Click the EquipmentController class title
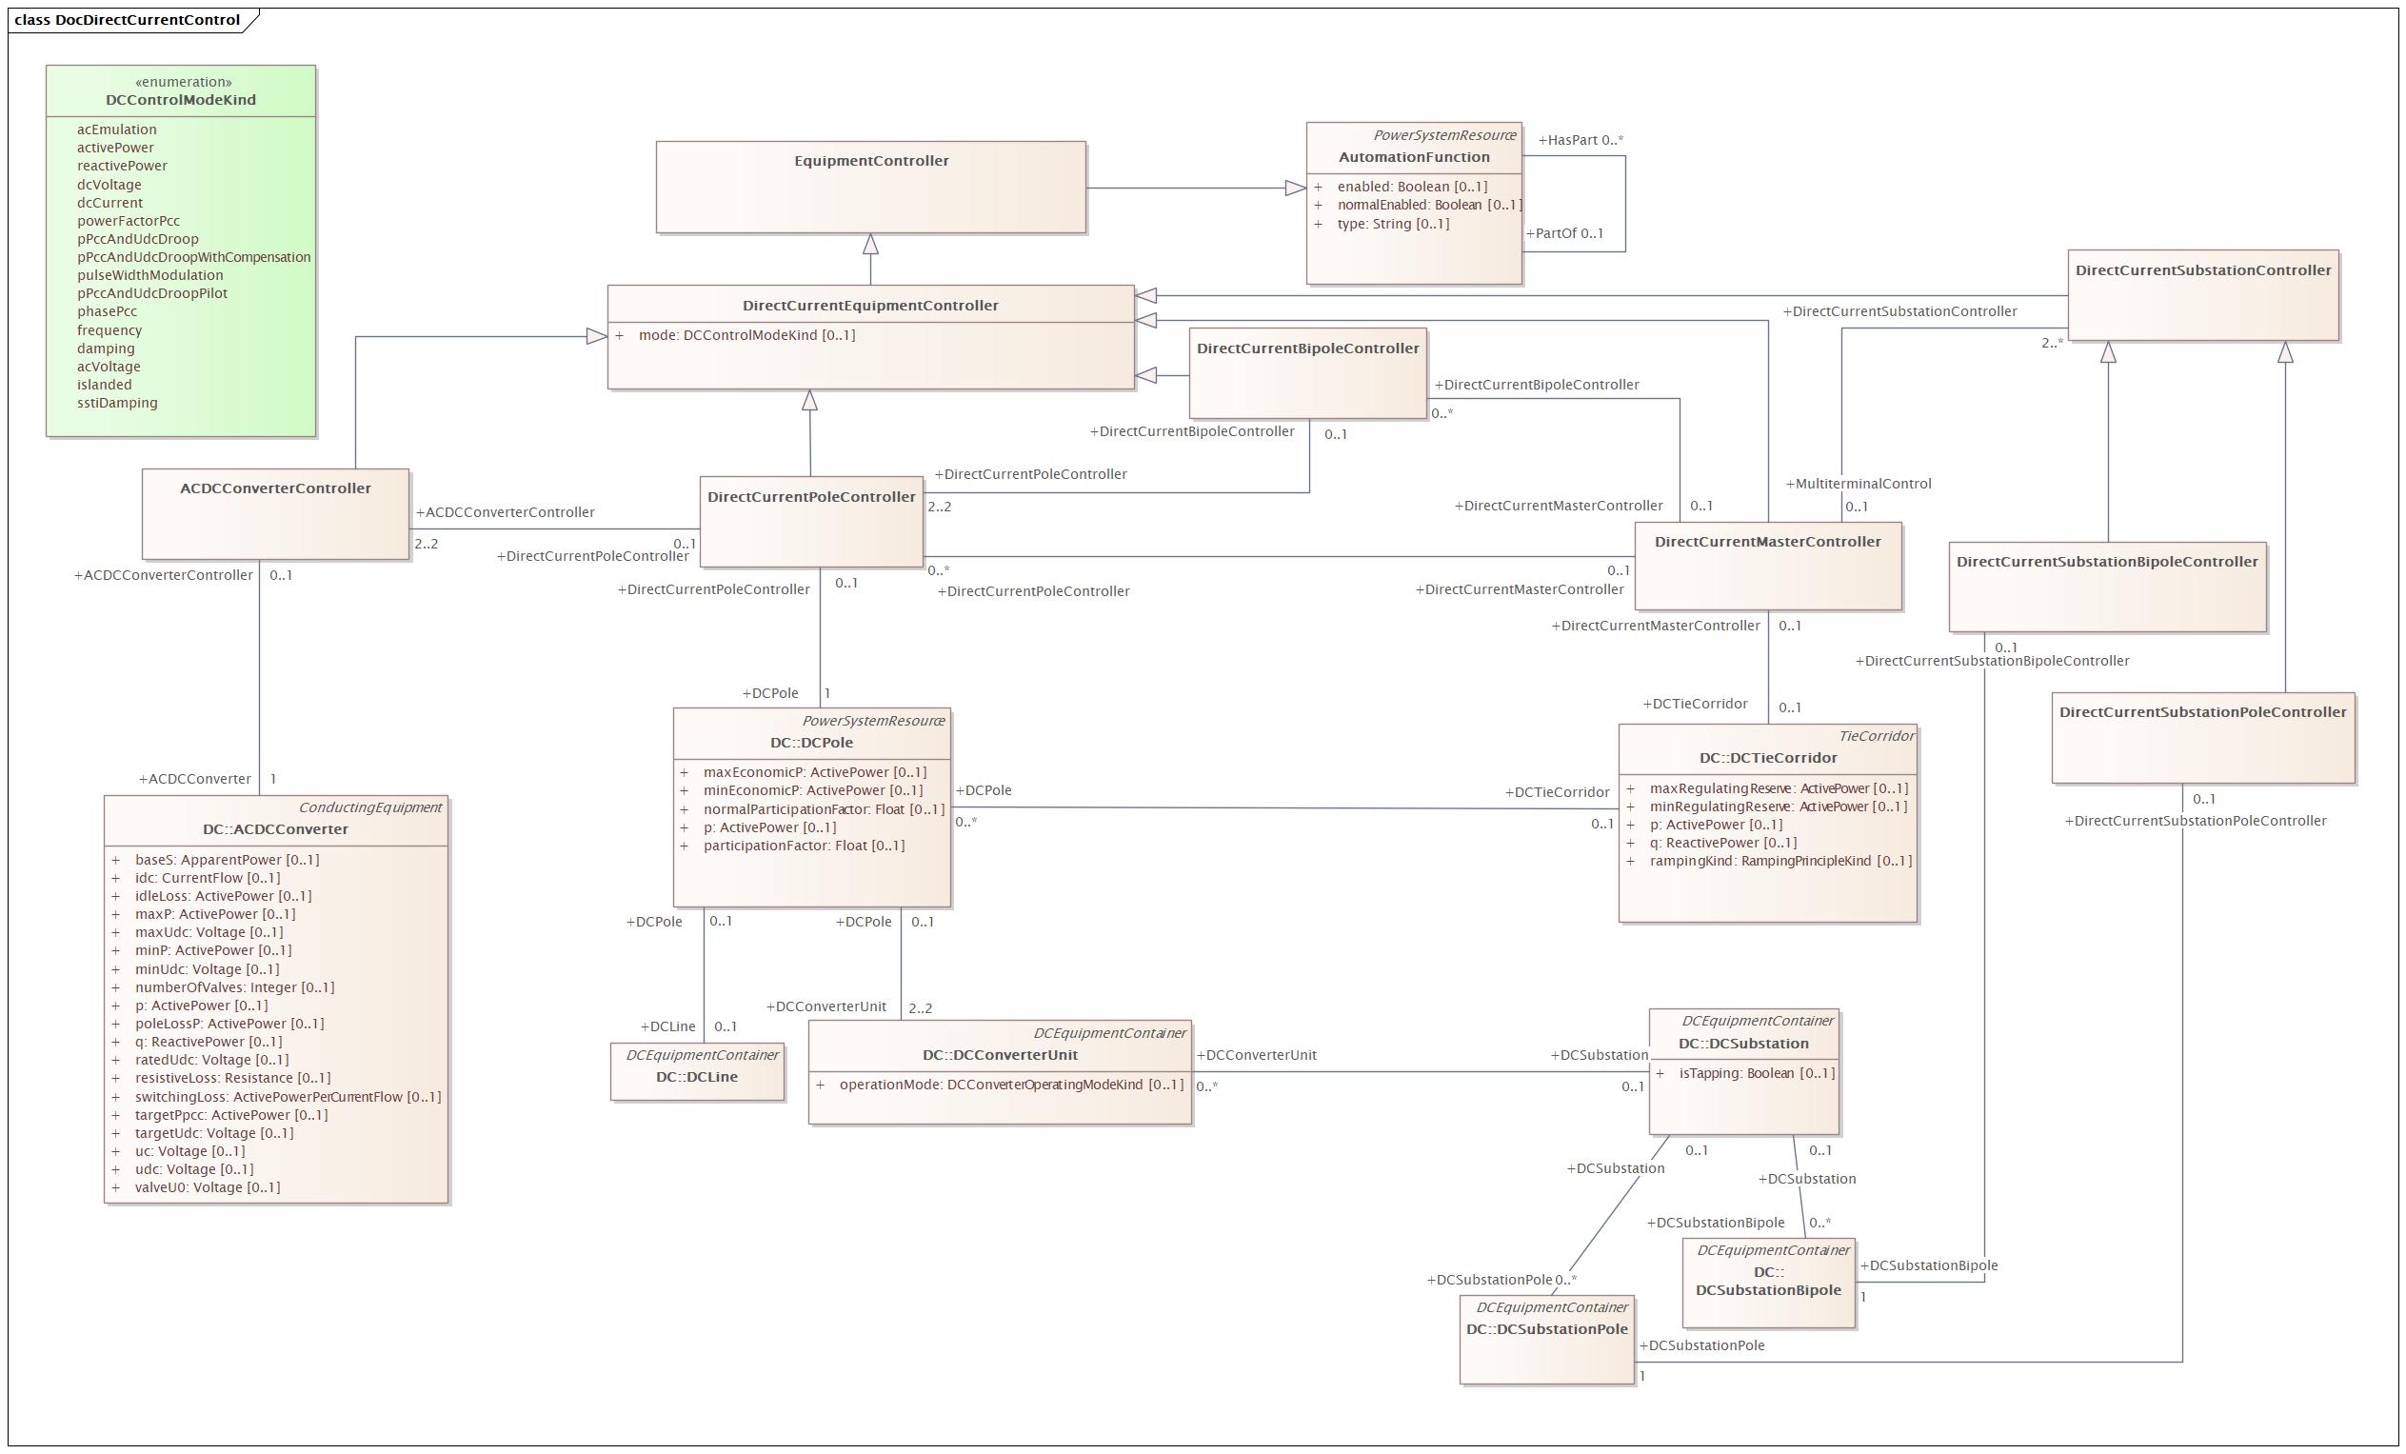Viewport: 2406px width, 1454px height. pyautogui.click(x=871, y=161)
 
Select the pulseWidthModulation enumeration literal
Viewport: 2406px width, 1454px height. pyautogui.click(x=150, y=275)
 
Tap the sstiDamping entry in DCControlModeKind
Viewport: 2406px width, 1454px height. pyautogui.click(x=117, y=403)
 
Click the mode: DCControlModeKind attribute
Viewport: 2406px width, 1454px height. pyautogui.click(x=747, y=335)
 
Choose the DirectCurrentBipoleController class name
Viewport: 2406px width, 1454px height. pyautogui.click(x=1307, y=349)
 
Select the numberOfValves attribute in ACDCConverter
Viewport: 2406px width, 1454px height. pyautogui.click(x=234, y=987)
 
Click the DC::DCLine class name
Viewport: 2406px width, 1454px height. pyautogui.click(x=697, y=1077)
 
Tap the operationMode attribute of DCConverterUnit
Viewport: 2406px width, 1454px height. pyautogui.click(x=1011, y=1085)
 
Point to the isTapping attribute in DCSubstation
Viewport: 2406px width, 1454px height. pyautogui.click(x=1757, y=1073)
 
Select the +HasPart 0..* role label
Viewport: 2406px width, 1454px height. pyautogui.click(x=1581, y=140)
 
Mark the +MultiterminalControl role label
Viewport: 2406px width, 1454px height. pyautogui.click(x=1859, y=484)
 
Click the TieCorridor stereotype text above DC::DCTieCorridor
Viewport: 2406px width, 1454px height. pyautogui.click(x=1877, y=736)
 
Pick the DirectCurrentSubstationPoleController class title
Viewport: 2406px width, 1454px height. pyautogui.click(x=2203, y=712)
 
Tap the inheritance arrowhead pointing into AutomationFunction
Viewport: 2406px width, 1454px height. pyautogui.click(x=1296, y=189)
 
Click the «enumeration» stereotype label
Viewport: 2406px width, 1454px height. pyautogui.click(x=184, y=82)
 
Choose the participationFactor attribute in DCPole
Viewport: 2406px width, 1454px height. pyautogui.click(x=804, y=846)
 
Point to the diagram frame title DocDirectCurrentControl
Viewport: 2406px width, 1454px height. pyautogui.click(x=148, y=20)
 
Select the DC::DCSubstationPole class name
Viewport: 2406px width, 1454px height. pyautogui.click(x=1546, y=1329)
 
